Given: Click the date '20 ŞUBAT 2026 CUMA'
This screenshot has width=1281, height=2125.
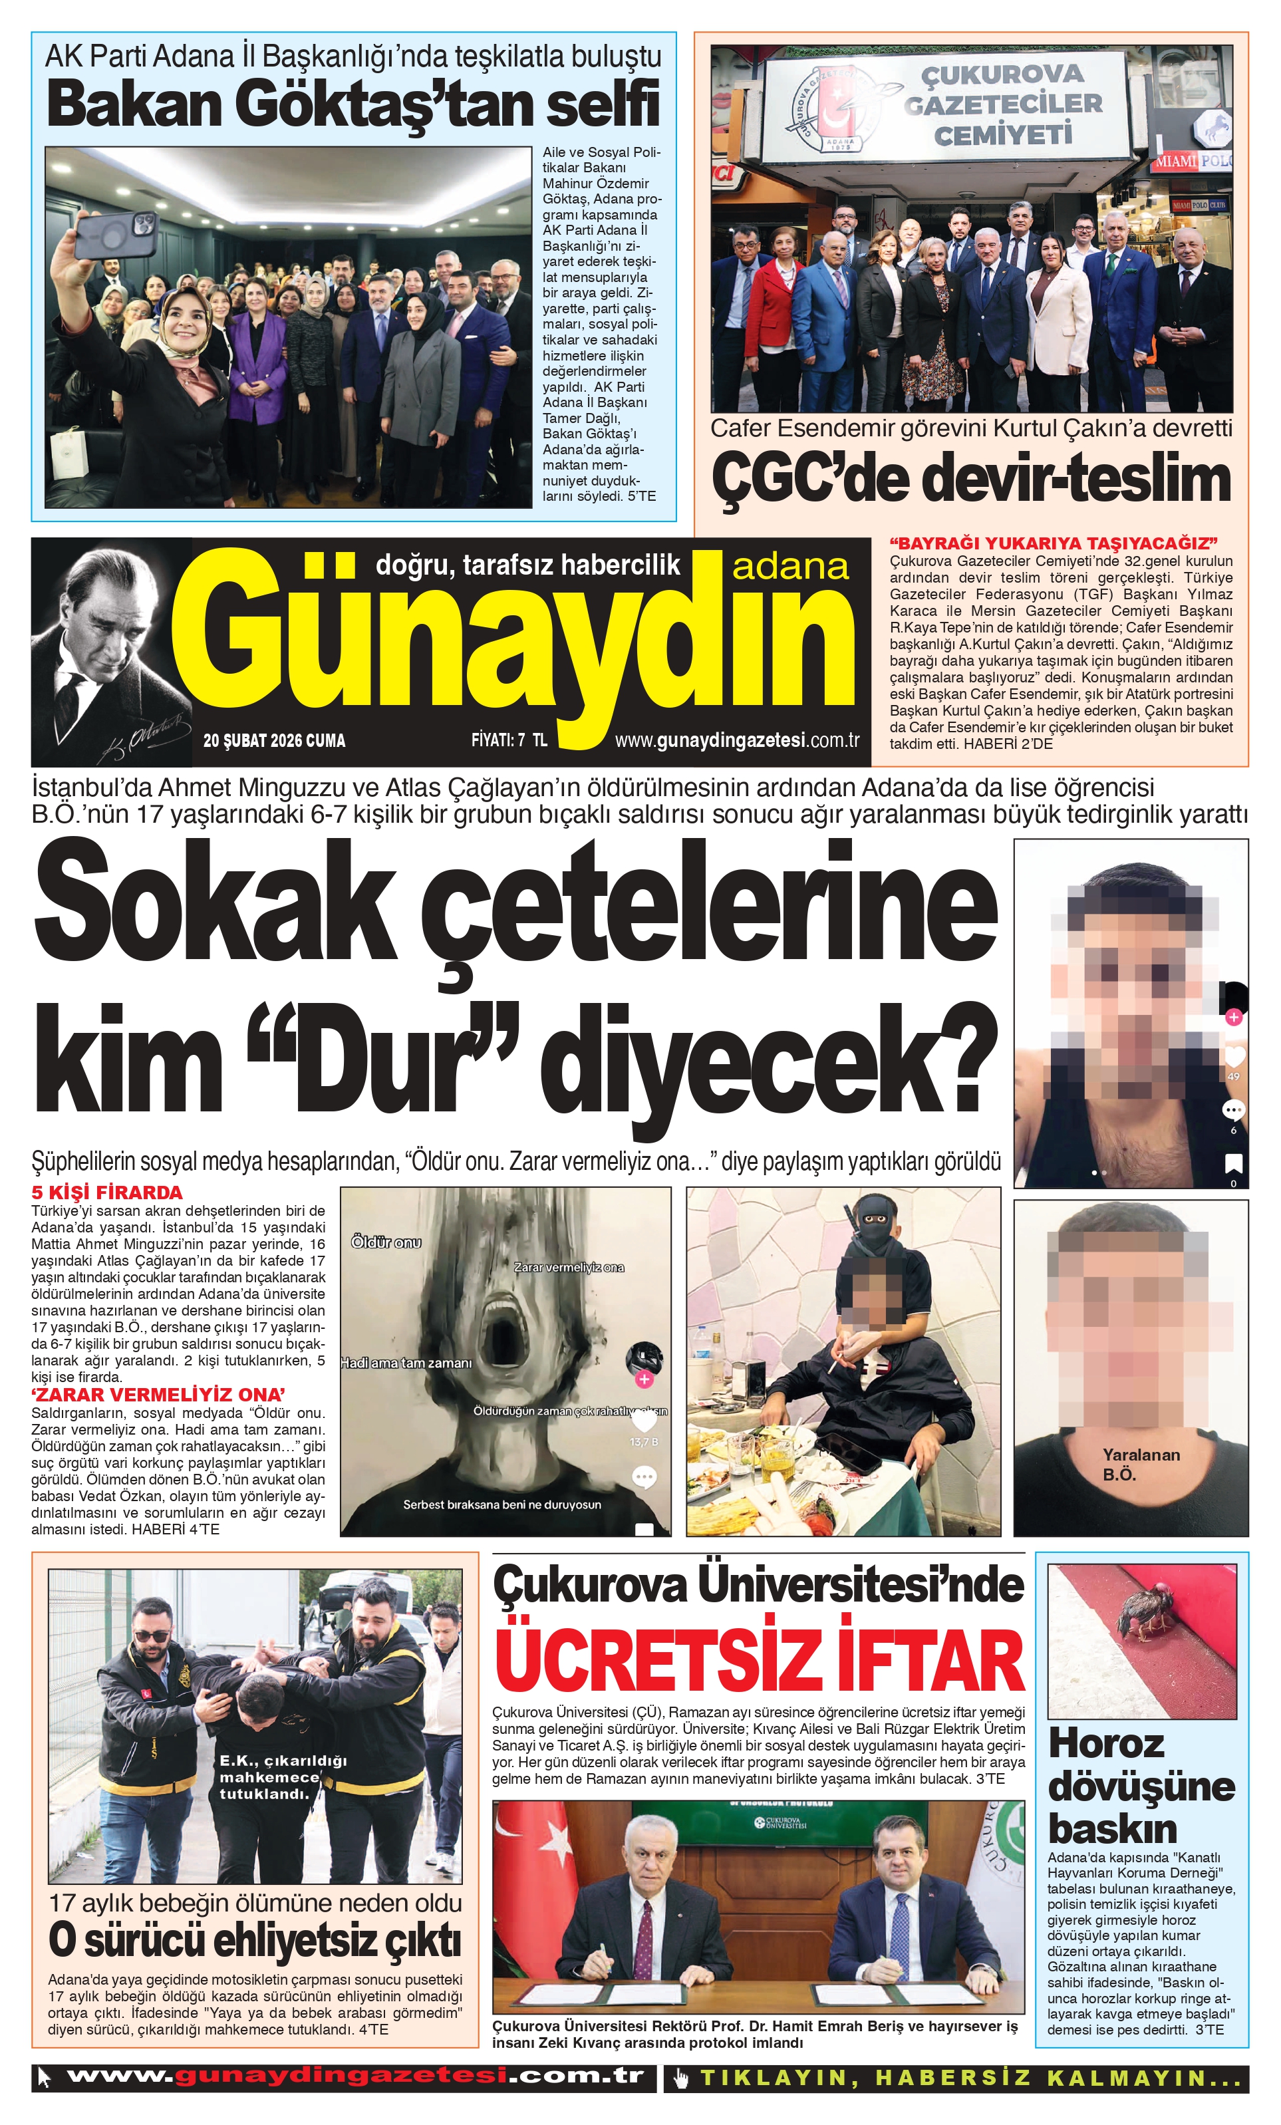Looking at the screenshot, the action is pyautogui.click(x=274, y=740).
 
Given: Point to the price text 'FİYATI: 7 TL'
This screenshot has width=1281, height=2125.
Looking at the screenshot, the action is pyautogui.click(x=509, y=740).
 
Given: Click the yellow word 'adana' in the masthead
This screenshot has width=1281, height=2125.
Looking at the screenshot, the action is pyautogui.click(x=790, y=566).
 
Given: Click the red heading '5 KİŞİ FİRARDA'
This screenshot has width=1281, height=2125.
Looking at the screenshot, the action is pyautogui.click(x=107, y=1193).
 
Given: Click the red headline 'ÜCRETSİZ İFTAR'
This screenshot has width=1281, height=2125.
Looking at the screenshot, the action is pyautogui.click(x=759, y=1660).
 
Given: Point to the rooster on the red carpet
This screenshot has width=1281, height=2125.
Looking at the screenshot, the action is pyautogui.click(x=1147, y=1610).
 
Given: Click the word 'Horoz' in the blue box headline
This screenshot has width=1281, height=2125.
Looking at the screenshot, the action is pyautogui.click(x=1106, y=1744).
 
